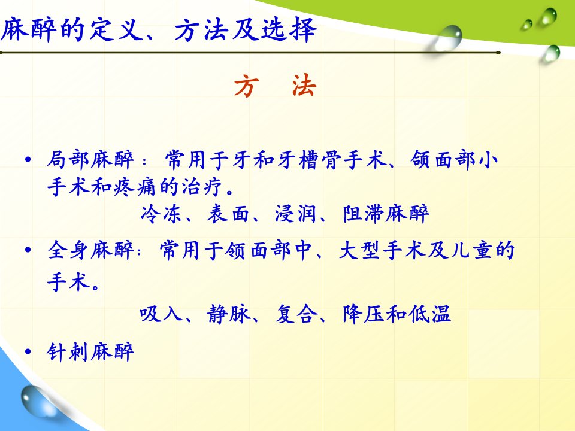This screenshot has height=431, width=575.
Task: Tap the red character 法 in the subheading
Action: [304, 86]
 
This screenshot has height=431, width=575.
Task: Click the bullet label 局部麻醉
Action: [90, 160]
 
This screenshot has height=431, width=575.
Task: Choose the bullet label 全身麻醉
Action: [90, 251]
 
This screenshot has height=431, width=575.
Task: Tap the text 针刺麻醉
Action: [90, 352]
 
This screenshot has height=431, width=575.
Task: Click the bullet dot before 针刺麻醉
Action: [28, 352]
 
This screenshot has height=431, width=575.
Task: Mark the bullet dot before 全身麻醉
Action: [28, 250]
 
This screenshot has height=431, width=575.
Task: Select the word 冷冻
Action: [161, 214]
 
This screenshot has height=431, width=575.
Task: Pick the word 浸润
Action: [295, 214]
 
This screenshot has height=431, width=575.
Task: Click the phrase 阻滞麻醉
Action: [386, 214]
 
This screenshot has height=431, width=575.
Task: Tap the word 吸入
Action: [161, 314]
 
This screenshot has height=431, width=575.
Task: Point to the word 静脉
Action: [228, 314]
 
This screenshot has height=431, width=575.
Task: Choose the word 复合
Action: [296, 314]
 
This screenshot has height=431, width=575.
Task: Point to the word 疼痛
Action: [136, 187]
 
